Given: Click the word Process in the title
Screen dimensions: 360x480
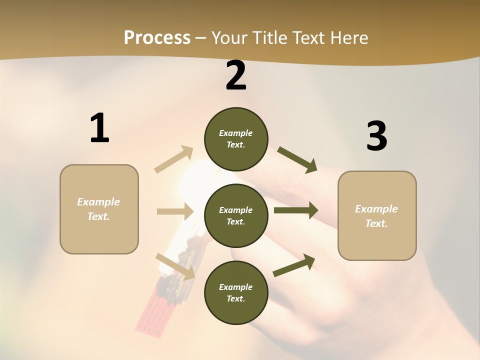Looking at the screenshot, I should coord(157,38).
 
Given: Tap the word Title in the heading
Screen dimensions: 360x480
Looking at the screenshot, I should coord(269,38).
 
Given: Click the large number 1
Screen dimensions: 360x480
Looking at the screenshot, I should coord(99,128).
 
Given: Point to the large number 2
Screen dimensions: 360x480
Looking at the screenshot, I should coord(236,76).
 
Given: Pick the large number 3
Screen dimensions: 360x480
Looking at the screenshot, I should coord(376,136).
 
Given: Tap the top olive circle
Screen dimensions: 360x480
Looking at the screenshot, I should coord(236,139).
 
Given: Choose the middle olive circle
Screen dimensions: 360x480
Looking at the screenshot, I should coord(236,216).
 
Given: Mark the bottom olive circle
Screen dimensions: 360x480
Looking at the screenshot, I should coord(236,293).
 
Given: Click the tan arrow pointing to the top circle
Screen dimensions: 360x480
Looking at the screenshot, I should coord(174,159).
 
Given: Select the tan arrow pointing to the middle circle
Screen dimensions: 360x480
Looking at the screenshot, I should coord(174,211).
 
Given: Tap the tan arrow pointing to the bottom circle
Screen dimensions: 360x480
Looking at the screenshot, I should coord(175,266).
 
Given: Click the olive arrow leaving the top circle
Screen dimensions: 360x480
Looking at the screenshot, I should coord(297,160).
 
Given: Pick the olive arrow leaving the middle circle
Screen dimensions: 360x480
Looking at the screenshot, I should coord(295,210).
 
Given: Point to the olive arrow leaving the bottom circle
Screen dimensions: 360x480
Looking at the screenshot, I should coord(294,265).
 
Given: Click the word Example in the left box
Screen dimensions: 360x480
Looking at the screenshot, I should coord(98,202).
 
